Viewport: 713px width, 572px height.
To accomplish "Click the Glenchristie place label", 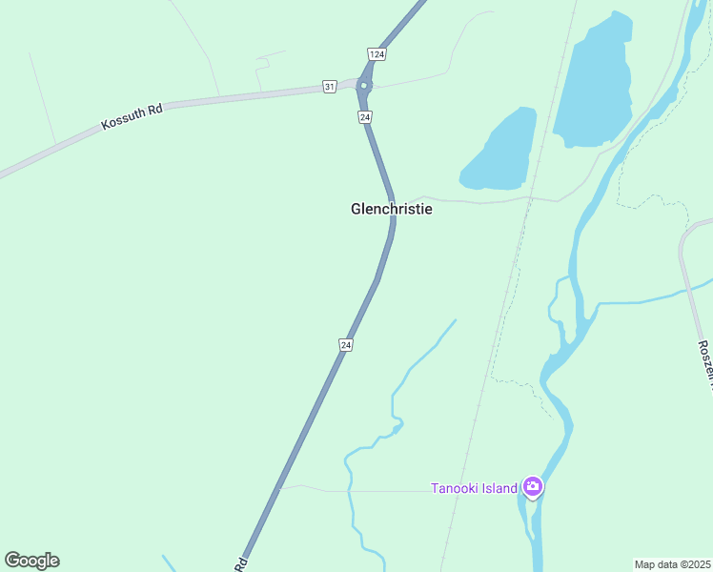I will click(x=391, y=209).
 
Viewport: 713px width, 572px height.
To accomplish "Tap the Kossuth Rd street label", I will click(x=132, y=117).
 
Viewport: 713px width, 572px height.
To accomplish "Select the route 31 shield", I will click(x=329, y=87).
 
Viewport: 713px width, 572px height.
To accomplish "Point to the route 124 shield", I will click(x=377, y=54).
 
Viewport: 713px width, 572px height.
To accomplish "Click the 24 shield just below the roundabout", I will click(x=365, y=116).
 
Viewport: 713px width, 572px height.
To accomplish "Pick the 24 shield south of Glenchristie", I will click(x=346, y=344).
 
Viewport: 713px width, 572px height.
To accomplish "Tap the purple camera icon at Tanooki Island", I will click(x=533, y=488).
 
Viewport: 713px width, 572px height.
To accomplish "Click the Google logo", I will click(x=31, y=560).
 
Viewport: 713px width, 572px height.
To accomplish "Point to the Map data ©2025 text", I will click(x=672, y=564).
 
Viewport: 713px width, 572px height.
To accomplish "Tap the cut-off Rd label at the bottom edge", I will click(x=241, y=564).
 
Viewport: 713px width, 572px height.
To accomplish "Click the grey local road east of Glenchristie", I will click(x=477, y=201).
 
